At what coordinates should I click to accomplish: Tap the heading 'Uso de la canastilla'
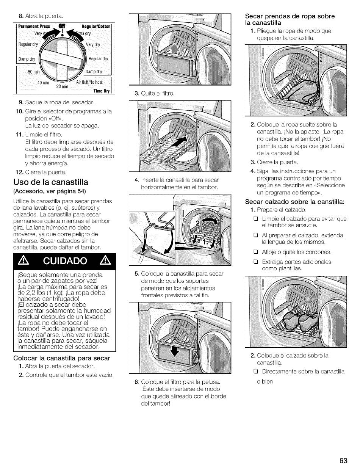point(51,182)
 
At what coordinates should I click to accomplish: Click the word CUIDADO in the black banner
point(65,261)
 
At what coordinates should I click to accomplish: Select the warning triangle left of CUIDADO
point(23,261)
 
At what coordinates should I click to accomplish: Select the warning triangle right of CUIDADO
point(105,260)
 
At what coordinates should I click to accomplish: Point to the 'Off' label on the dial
point(62,27)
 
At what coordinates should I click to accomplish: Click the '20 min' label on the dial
point(62,86)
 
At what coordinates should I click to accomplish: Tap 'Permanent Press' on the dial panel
point(34,27)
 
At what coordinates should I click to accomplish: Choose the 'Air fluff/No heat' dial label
point(89,82)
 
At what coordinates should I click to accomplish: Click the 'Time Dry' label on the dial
point(102,91)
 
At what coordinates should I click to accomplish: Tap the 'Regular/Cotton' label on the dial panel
point(96,27)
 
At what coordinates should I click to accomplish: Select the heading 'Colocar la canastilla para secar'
point(62,358)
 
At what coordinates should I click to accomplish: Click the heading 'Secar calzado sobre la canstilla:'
point(295,202)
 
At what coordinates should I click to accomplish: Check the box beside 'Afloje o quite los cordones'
point(256,252)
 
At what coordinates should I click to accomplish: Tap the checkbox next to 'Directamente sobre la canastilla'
point(256,372)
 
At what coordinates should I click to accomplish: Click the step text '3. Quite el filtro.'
point(155,93)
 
